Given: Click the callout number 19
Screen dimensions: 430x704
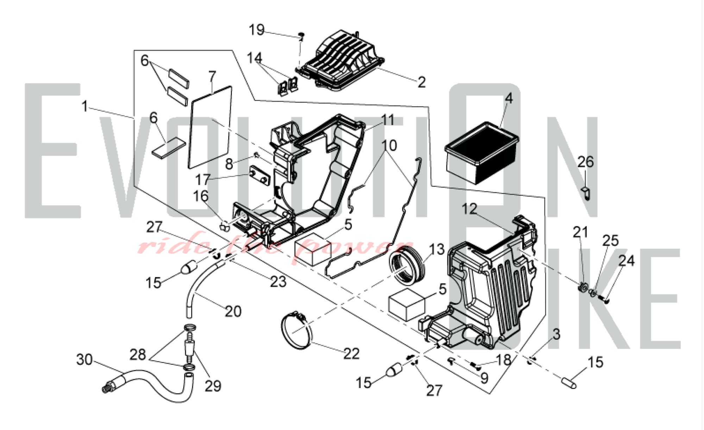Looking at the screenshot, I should pos(257,30).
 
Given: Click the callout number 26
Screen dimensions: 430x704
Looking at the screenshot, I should pos(585,162).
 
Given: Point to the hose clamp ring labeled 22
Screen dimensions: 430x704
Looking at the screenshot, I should pos(297,330).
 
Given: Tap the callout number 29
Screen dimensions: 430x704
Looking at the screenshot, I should pos(213,386).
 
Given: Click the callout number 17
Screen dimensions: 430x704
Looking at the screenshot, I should pos(203,180).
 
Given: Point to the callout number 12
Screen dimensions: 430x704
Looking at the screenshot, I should pos(469,209).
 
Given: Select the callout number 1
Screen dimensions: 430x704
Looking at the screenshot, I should pos(84,106).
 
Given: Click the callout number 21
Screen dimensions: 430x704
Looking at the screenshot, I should pos(580,232).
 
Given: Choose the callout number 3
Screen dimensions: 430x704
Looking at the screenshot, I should pos(556,334).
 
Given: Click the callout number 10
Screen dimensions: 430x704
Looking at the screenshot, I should pos(389,145).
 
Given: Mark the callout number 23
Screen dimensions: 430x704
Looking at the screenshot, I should pos(278,282).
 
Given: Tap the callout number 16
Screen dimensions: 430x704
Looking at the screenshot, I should pos(201,196).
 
